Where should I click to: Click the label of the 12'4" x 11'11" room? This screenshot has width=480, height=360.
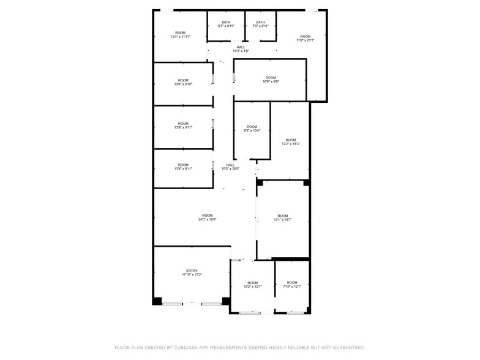[180, 35]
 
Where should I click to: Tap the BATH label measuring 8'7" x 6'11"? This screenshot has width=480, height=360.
[226, 24]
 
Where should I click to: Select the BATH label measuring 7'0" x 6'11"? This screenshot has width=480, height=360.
[260, 24]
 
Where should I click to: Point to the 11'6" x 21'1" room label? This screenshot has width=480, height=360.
[305, 39]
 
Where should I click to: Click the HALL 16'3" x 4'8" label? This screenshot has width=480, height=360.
[241, 50]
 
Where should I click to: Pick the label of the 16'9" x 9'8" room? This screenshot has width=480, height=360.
[271, 80]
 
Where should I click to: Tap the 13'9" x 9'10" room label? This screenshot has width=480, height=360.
[183, 83]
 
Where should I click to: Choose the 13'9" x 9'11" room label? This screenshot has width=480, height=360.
[183, 126]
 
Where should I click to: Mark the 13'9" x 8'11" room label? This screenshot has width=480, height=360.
[183, 167]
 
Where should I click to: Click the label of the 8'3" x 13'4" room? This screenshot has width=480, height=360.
[252, 129]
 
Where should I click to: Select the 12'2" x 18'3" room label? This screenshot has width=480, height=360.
[290, 142]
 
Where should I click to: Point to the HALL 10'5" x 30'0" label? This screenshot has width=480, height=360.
[230, 167]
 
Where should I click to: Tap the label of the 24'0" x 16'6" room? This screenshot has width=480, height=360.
[208, 217]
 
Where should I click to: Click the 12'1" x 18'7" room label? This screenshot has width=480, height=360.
[282, 217]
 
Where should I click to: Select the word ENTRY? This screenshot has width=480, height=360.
[192, 271]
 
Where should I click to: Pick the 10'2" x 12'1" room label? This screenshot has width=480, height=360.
[252, 285]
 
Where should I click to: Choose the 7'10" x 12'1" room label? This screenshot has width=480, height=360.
[292, 285]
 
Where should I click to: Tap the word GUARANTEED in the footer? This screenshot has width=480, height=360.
[346, 348]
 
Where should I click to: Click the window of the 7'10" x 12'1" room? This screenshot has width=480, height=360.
[296, 313]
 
